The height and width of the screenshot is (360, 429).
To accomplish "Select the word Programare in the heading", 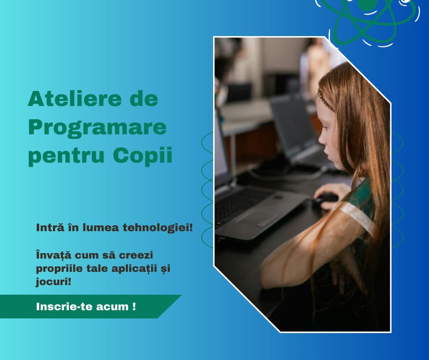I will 97,127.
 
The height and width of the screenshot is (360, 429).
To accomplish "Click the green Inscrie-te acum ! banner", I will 86,307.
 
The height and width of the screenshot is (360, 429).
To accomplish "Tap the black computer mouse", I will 325,199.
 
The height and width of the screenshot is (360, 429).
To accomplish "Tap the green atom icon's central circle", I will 367,4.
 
